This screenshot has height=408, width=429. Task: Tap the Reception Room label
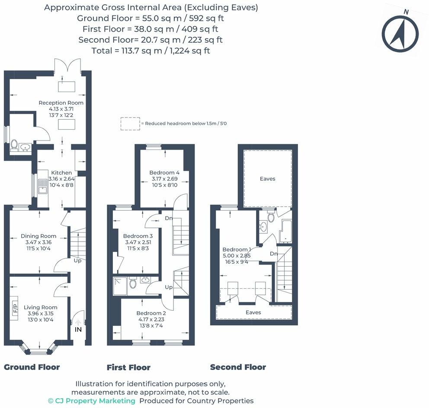[x=61, y=103]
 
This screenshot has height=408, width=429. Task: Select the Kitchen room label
[x=61, y=173]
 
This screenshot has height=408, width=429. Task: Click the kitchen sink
[x=43, y=186]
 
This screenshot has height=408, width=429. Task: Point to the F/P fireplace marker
[x=15, y=308]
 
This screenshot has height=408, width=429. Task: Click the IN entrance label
[x=78, y=329]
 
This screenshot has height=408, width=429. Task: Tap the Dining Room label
[x=38, y=236]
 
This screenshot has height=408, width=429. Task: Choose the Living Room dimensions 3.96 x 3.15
[x=41, y=314]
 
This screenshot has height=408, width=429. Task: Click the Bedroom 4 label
[x=164, y=172]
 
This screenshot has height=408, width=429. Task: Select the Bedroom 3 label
[x=138, y=236]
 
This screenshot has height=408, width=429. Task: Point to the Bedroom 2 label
[x=151, y=313]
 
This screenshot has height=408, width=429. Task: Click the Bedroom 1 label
[x=237, y=249]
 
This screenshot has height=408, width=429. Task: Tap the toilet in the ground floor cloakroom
[x=14, y=145]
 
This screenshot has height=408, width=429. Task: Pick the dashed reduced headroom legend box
[x=130, y=124]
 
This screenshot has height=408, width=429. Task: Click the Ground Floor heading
[x=32, y=367]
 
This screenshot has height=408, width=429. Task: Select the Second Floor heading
[x=238, y=367]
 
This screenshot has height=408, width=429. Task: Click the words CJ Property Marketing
[x=95, y=401]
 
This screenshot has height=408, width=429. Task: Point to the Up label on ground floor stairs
[x=77, y=261]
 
